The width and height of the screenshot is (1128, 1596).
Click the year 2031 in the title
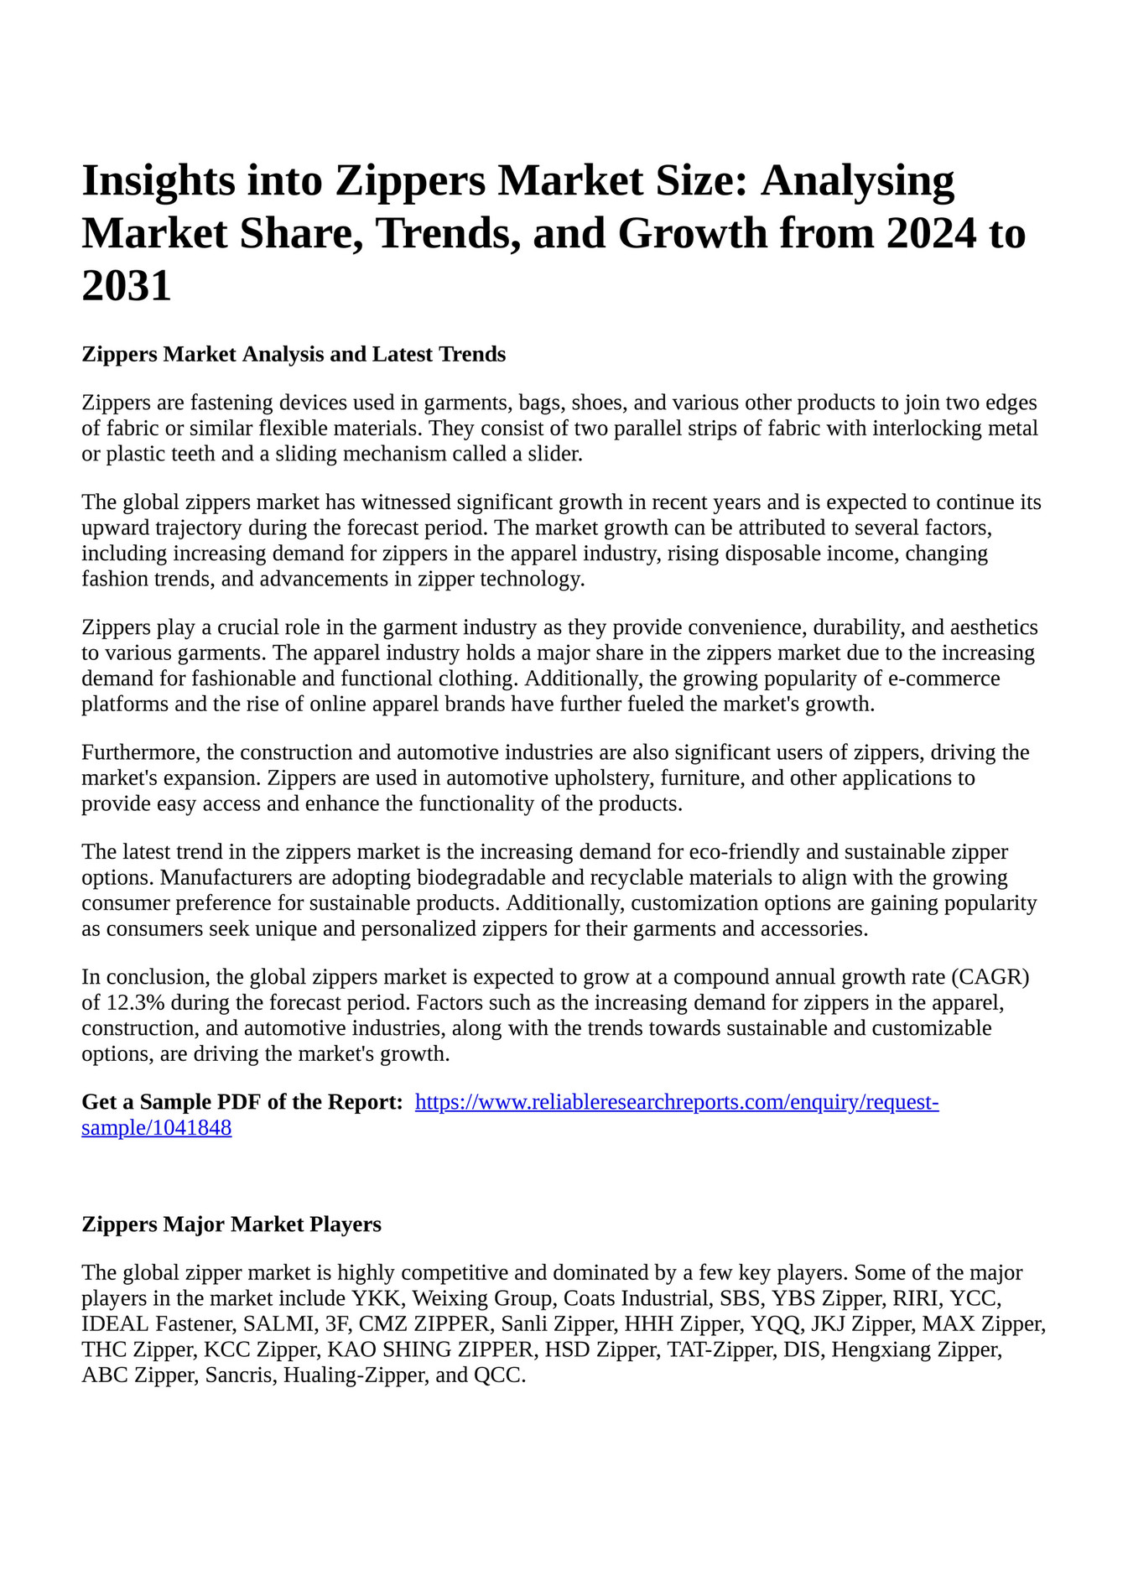coord(127,286)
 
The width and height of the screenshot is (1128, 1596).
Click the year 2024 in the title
coord(930,233)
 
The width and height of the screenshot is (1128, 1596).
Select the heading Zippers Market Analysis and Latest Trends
coord(294,354)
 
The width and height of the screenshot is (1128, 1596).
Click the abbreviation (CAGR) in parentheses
coord(988,977)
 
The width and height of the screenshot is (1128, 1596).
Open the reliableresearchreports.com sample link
coord(677,1102)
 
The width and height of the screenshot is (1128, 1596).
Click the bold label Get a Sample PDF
coord(242,1102)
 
